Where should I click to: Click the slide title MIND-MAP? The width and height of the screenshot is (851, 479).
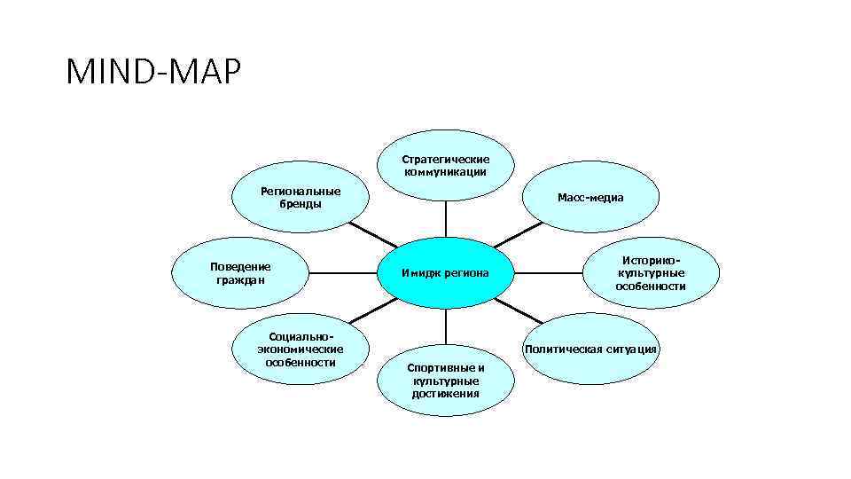[x=153, y=73]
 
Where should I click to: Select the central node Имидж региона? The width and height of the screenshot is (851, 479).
[x=445, y=272]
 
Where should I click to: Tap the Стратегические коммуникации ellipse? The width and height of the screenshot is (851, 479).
[x=445, y=165]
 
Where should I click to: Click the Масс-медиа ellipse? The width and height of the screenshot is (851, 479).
[x=590, y=197]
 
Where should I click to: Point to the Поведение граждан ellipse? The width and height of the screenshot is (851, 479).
[x=240, y=272]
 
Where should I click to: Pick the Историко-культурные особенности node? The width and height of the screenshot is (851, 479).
[x=651, y=273]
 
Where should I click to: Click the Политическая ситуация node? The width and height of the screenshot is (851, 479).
[x=590, y=349]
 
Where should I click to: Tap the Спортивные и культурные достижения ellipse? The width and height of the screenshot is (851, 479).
[x=445, y=381]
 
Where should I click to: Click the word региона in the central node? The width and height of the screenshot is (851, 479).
[x=466, y=272]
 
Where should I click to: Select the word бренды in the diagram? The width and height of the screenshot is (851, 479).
[x=301, y=203]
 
